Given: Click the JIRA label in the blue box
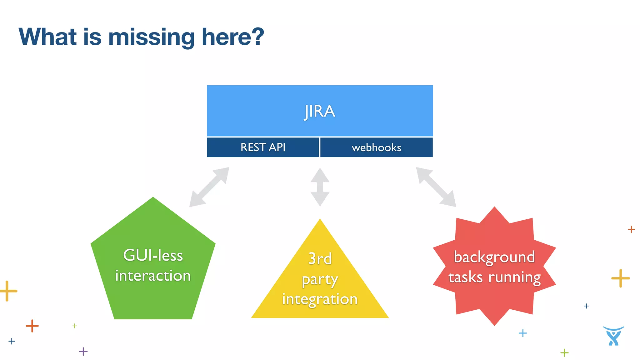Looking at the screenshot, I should pyautogui.click(x=319, y=111).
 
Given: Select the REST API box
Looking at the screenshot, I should pyautogui.click(x=263, y=147).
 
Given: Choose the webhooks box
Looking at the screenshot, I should pyautogui.click(x=376, y=147).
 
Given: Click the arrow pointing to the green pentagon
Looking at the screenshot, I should pyautogui.click(x=209, y=187).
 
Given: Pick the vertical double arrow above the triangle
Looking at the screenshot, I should pyautogui.click(x=320, y=187).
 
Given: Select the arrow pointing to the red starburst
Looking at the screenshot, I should pyautogui.click(x=436, y=187).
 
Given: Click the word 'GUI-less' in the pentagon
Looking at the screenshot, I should pyautogui.click(x=153, y=255).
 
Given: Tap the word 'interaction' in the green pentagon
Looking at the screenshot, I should pyautogui.click(x=153, y=276).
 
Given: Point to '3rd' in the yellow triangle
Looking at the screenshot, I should pyautogui.click(x=320, y=259).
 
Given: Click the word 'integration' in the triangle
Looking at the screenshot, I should pyautogui.click(x=320, y=299).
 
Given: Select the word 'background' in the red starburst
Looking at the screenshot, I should pyautogui.click(x=494, y=257).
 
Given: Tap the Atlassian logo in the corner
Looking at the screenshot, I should pyautogui.click(x=613, y=336).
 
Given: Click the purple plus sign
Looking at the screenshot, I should pyautogui.click(x=83, y=351).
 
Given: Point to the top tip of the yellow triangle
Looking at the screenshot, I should pyautogui.click(x=320, y=220).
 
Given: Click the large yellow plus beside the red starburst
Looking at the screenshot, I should pyautogui.click(x=620, y=278).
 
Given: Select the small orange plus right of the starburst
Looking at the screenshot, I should pyautogui.click(x=631, y=229).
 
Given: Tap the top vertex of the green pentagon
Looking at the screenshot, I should pyautogui.click(x=153, y=198).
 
